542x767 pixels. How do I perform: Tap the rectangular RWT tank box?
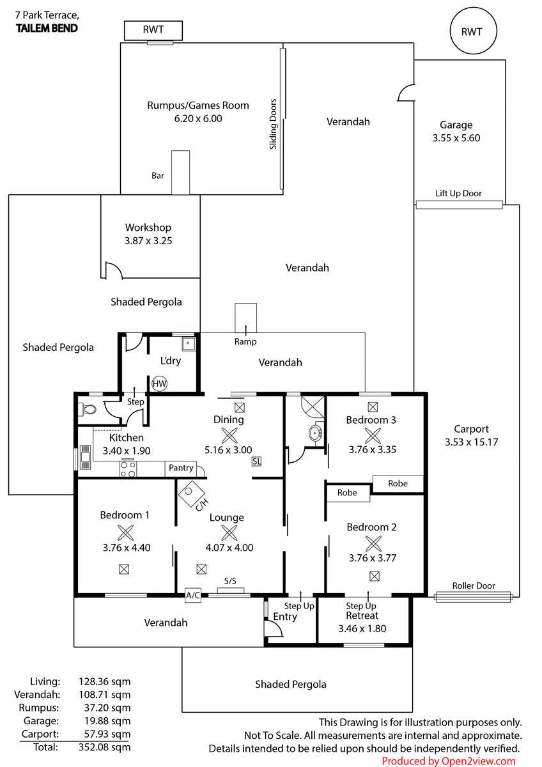click(x=153, y=31)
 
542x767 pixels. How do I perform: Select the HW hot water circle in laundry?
click(x=159, y=383)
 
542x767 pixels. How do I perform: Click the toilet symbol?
click(x=88, y=409)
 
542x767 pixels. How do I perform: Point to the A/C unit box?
click(x=193, y=595)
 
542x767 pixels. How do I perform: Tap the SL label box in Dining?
click(x=256, y=461)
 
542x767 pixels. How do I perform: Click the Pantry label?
click(x=181, y=468)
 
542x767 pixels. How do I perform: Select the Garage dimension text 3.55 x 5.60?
click(x=456, y=138)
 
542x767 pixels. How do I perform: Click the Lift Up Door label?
click(x=458, y=194)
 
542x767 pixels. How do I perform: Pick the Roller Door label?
click(x=474, y=586)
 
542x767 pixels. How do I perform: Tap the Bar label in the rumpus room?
click(x=157, y=176)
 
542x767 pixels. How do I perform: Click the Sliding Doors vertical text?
click(x=273, y=124)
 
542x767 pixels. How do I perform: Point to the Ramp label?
click(x=245, y=342)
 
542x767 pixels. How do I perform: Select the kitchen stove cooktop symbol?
click(x=128, y=469)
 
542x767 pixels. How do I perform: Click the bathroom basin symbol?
click(x=315, y=434)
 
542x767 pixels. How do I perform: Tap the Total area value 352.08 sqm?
click(x=104, y=747)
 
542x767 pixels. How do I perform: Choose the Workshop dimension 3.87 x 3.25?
click(x=148, y=241)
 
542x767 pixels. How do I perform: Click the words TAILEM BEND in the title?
click(x=47, y=28)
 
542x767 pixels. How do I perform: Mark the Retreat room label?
click(x=362, y=616)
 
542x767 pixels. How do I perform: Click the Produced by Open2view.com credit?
click(x=449, y=761)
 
